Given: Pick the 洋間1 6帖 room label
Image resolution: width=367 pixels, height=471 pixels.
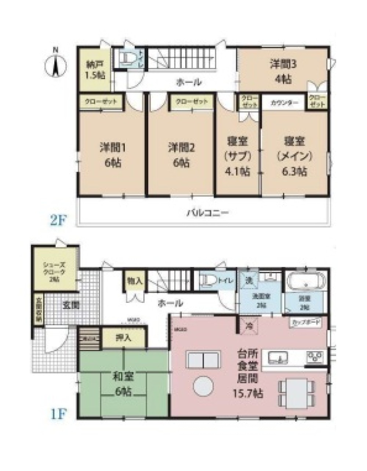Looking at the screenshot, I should (x=110, y=155).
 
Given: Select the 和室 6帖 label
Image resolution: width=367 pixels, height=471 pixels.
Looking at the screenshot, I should (x=123, y=383).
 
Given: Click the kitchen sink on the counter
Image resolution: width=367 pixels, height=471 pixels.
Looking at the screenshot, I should (x=279, y=357).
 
